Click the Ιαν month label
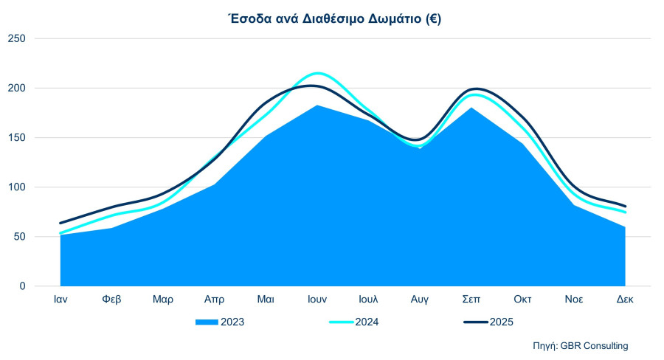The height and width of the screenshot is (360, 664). click(x=61, y=300)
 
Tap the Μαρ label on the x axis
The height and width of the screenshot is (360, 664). click(x=163, y=300)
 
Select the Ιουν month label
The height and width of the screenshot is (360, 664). click(x=317, y=300)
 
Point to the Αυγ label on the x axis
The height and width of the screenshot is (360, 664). click(x=420, y=300)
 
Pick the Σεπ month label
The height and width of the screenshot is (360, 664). click(x=471, y=300)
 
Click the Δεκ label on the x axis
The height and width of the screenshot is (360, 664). click(x=625, y=300)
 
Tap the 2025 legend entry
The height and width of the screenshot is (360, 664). click(x=501, y=322)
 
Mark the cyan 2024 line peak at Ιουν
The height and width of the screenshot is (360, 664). click(x=317, y=73)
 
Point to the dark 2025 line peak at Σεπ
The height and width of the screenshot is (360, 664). click(x=473, y=89)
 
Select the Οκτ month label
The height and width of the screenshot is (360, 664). click(x=522, y=300)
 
